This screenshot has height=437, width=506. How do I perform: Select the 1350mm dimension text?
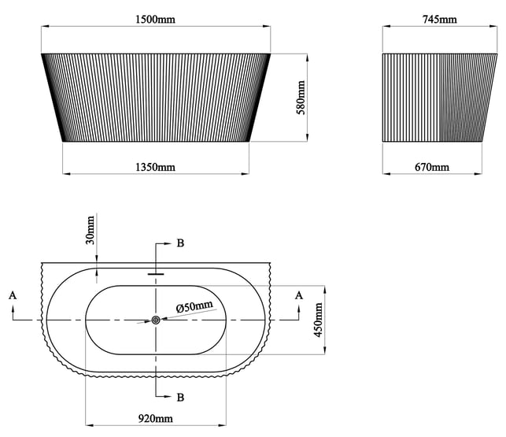click(156, 167)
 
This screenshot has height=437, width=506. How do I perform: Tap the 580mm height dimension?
click(300, 98)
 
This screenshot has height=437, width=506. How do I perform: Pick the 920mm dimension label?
click(156, 418)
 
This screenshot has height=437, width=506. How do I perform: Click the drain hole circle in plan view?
click(156, 320)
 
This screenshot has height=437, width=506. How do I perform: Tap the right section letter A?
click(298, 294)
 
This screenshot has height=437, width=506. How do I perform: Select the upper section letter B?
click(180, 243)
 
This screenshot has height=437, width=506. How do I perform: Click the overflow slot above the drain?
click(156, 274)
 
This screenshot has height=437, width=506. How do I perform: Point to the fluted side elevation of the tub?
click(432, 98)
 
